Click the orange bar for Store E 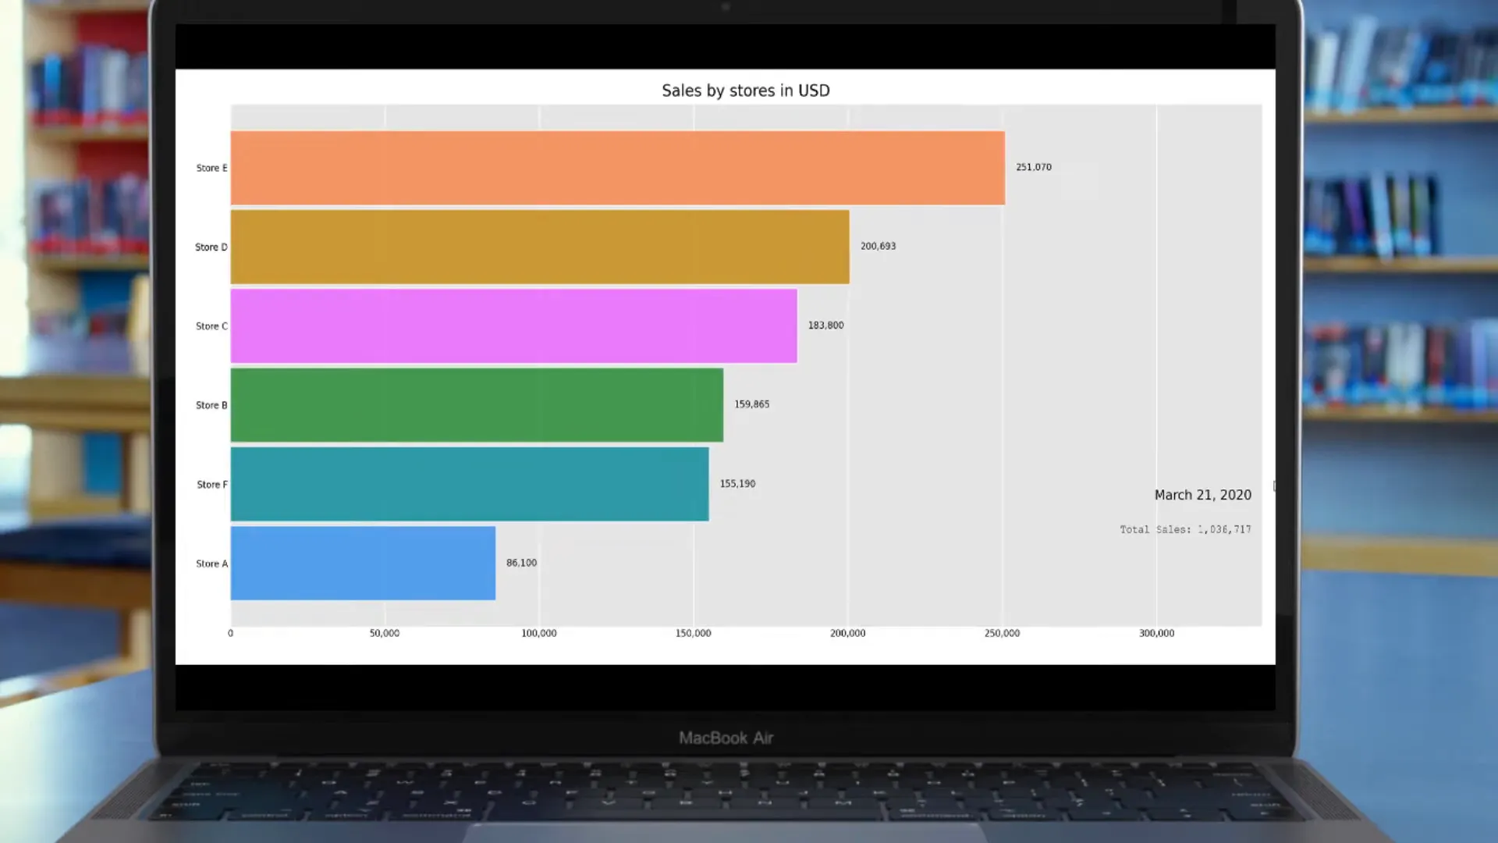click(617, 168)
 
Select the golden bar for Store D click(540, 247)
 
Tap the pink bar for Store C click(513, 325)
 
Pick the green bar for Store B click(477, 405)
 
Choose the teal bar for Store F click(470, 484)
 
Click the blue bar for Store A click(363, 563)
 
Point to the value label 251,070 click(1033, 167)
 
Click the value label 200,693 click(878, 246)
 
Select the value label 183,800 click(825, 325)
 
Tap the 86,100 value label click(521, 563)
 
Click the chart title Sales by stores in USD click(745, 91)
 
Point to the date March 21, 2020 click(1202, 495)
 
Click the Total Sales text click(1185, 529)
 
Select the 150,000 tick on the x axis click(693, 633)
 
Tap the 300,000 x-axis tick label click(1156, 633)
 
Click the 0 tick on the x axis click(230, 633)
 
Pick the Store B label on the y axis click(211, 405)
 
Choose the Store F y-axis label click(212, 485)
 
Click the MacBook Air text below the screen click(726, 738)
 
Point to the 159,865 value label click(751, 404)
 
